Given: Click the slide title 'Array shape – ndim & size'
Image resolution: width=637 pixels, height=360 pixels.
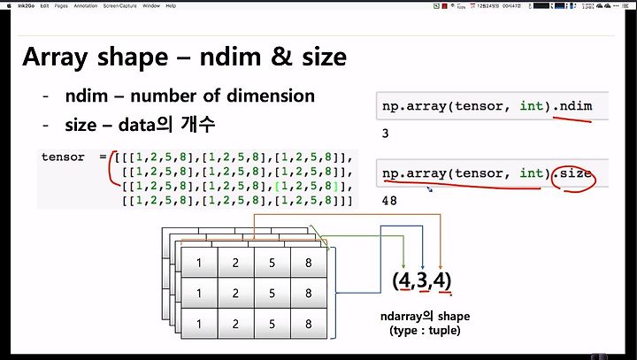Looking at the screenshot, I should coord(184,57).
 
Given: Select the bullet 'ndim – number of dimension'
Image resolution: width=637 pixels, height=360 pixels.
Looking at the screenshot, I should coord(190,96).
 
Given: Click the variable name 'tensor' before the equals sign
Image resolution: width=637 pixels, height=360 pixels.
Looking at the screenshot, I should coord(63,157).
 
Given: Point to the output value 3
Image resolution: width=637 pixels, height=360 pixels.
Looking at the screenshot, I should coord(386,134).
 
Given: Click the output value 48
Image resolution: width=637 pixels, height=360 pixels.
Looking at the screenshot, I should coord(389,202).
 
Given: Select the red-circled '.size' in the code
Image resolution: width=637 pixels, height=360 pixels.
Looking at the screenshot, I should coord(575,172).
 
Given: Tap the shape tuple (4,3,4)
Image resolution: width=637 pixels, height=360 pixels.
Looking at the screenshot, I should coord(423,281).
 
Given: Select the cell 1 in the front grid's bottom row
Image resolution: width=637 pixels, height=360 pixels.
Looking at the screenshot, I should coord(200,325).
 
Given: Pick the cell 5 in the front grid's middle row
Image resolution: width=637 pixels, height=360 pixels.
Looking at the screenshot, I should coord(272,294).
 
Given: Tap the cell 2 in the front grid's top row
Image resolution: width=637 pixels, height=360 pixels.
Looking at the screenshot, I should coord(236,263).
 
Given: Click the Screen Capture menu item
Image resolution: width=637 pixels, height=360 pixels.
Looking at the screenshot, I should coord(119,5).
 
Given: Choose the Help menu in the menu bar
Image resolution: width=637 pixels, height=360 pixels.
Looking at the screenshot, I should coord(171,5).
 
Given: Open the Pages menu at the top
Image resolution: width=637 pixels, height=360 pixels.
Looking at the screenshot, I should coord(61,5).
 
